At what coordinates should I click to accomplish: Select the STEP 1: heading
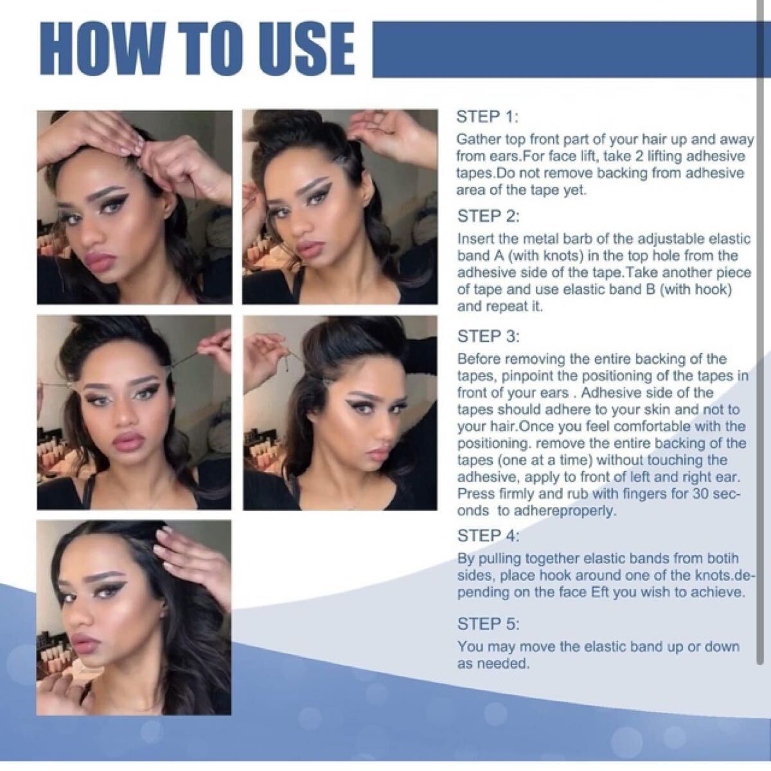(x=487, y=117)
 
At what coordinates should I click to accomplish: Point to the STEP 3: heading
(x=488, y=336)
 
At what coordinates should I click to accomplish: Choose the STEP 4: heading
(x=488, y=535)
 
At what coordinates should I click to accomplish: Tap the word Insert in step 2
(x=474, y=239)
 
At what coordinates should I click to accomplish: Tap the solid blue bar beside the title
(x=564, y=49)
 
